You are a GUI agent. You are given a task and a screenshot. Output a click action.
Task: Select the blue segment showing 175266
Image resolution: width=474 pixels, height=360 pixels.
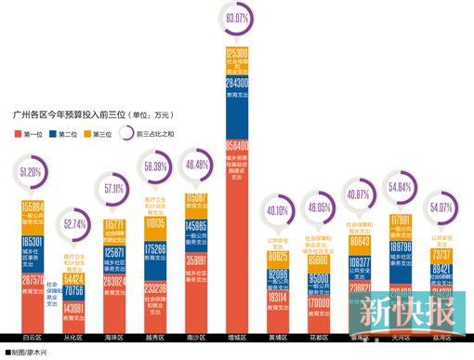155,251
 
